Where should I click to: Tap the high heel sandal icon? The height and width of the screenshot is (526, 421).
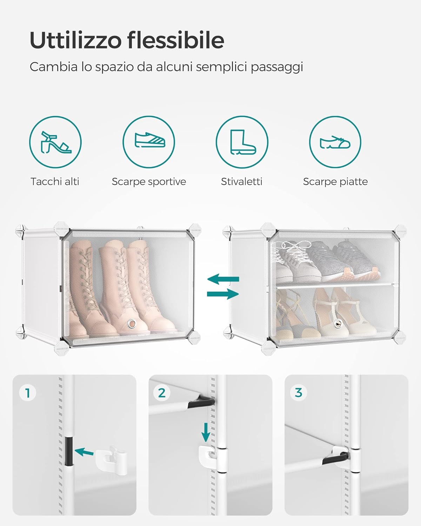click(55, 142)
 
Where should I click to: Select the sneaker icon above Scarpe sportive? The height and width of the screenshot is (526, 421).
click(149, 142)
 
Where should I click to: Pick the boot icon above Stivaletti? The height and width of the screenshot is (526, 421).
click(242, 142)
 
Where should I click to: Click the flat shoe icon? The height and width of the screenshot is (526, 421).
click(335, 142)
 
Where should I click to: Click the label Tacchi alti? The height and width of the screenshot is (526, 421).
click(55, 182)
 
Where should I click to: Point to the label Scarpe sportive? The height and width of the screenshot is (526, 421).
click(149, 182)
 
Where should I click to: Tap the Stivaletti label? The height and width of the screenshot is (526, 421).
click(242, 182)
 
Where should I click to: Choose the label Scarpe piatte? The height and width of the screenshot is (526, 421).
click(335, 182)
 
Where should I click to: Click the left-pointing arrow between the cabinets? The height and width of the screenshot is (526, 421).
click(223, 279)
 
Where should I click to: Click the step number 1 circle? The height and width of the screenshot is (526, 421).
click(28, 393)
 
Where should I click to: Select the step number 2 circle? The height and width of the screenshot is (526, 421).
click(162, 393)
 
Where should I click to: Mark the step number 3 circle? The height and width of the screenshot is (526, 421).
click(298, 393)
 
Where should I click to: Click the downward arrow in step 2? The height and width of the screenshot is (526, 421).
click(206, 432)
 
